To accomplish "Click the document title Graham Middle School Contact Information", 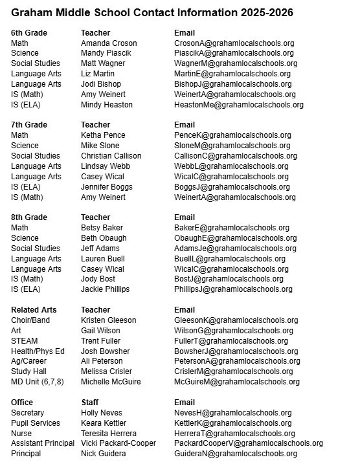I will (152, 13).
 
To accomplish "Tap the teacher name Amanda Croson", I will (109, 43).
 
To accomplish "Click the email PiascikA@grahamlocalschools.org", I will (234, 53).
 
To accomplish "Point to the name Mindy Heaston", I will (107, 104).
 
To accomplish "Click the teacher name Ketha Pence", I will (104, 135).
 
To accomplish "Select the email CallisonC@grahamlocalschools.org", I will (236, 156).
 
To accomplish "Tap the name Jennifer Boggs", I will (107, 187).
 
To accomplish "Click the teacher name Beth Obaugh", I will (104, 238).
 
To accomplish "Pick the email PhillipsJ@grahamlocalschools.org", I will (233, 289).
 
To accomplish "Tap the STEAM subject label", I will (25, 341).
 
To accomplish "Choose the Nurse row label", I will (22, 434).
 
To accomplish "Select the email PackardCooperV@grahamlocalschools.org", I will (249, 444).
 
